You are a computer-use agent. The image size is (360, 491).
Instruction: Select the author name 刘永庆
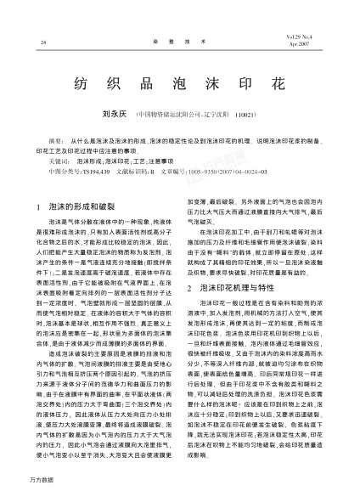[x=115, y=112]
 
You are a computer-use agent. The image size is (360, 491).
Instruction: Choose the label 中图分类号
[x=62, y=171]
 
